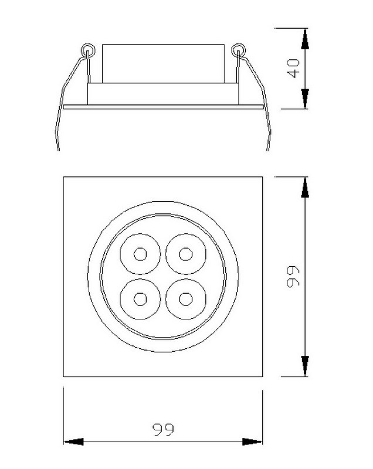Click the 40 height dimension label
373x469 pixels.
point(293,69)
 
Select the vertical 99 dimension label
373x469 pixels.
point(293,277)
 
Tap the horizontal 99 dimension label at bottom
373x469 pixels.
point(163,430)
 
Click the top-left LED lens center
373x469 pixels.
point(140,254)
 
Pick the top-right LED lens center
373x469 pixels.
point(186,254)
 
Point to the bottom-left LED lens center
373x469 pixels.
point(140,299)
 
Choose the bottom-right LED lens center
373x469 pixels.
point(186,299)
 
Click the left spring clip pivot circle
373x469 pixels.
point(88,50)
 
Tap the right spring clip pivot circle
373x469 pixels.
point(238,50)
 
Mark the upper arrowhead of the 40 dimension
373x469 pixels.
point(305,39)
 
